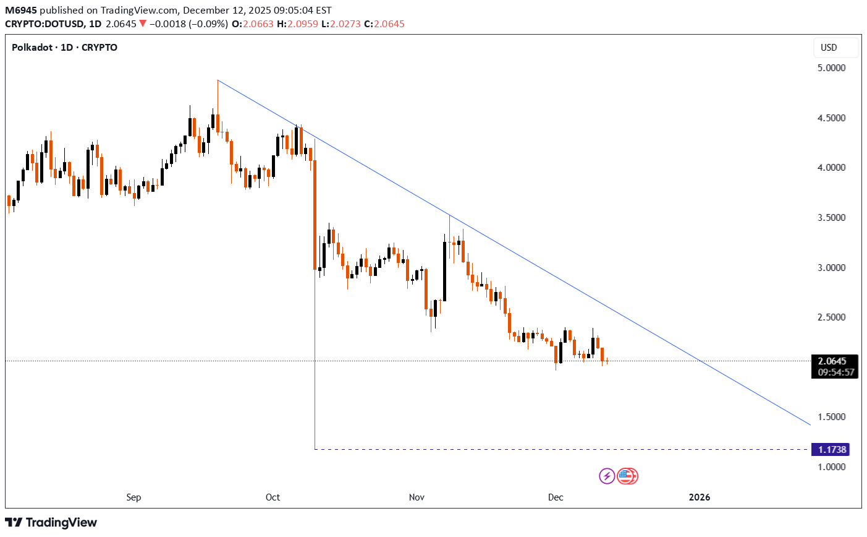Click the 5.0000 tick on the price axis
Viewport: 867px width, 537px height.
click(831, 68)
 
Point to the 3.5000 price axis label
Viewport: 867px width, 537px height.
click(831, 218)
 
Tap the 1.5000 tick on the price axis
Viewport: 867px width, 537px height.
click(831, 417)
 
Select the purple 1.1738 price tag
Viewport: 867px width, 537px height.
click(831, 450)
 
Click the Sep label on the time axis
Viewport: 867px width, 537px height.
click(133, 497)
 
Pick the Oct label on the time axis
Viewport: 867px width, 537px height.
click(273, 497)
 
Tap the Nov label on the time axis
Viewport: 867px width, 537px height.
click(417, 497)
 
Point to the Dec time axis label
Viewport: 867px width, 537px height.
click(556, 497)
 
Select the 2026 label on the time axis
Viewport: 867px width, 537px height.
click(700, 497)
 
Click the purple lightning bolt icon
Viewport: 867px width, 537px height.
click(607, 476)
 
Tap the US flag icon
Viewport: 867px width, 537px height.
click(627, 476)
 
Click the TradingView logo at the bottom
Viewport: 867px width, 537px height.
click(51, 523)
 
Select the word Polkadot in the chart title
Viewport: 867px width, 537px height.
click(32, 48)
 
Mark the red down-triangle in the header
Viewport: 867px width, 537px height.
click(143, 24)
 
